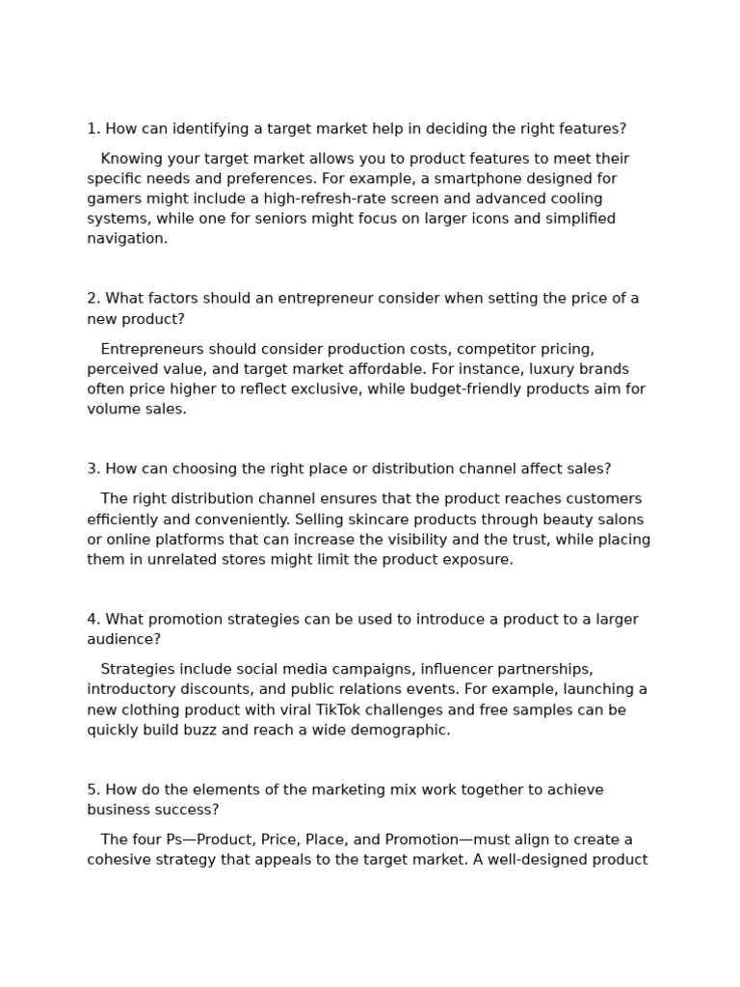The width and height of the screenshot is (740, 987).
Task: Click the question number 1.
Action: point(92,129)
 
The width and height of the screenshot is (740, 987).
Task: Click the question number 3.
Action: point(92,469)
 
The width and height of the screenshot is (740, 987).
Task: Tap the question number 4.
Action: point(92,620)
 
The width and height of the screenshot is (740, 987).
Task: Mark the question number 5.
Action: point(92,790)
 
